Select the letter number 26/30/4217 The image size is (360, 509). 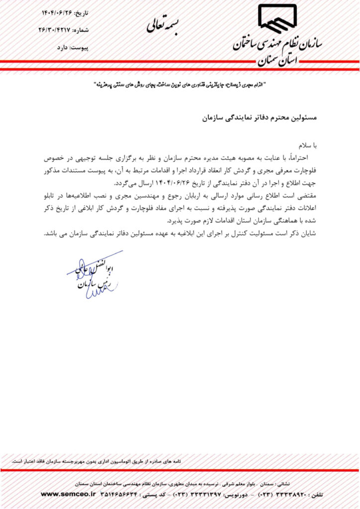pyautogui.click(x=54, y=30)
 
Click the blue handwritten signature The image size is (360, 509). pyautogui.click(x=94, y=276)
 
